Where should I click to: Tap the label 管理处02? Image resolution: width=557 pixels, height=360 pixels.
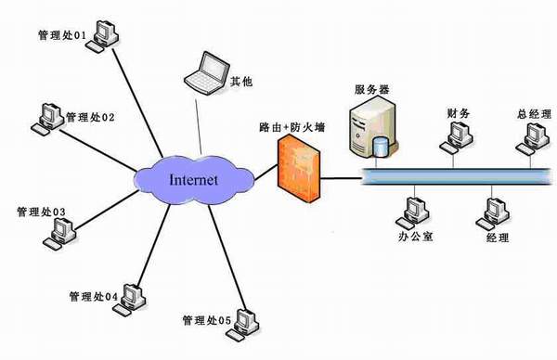click(x=89, y=118)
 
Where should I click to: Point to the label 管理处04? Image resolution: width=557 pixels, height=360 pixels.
click(x=93, y=297)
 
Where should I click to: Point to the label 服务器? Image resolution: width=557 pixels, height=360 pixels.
click(x=371, y=90)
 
